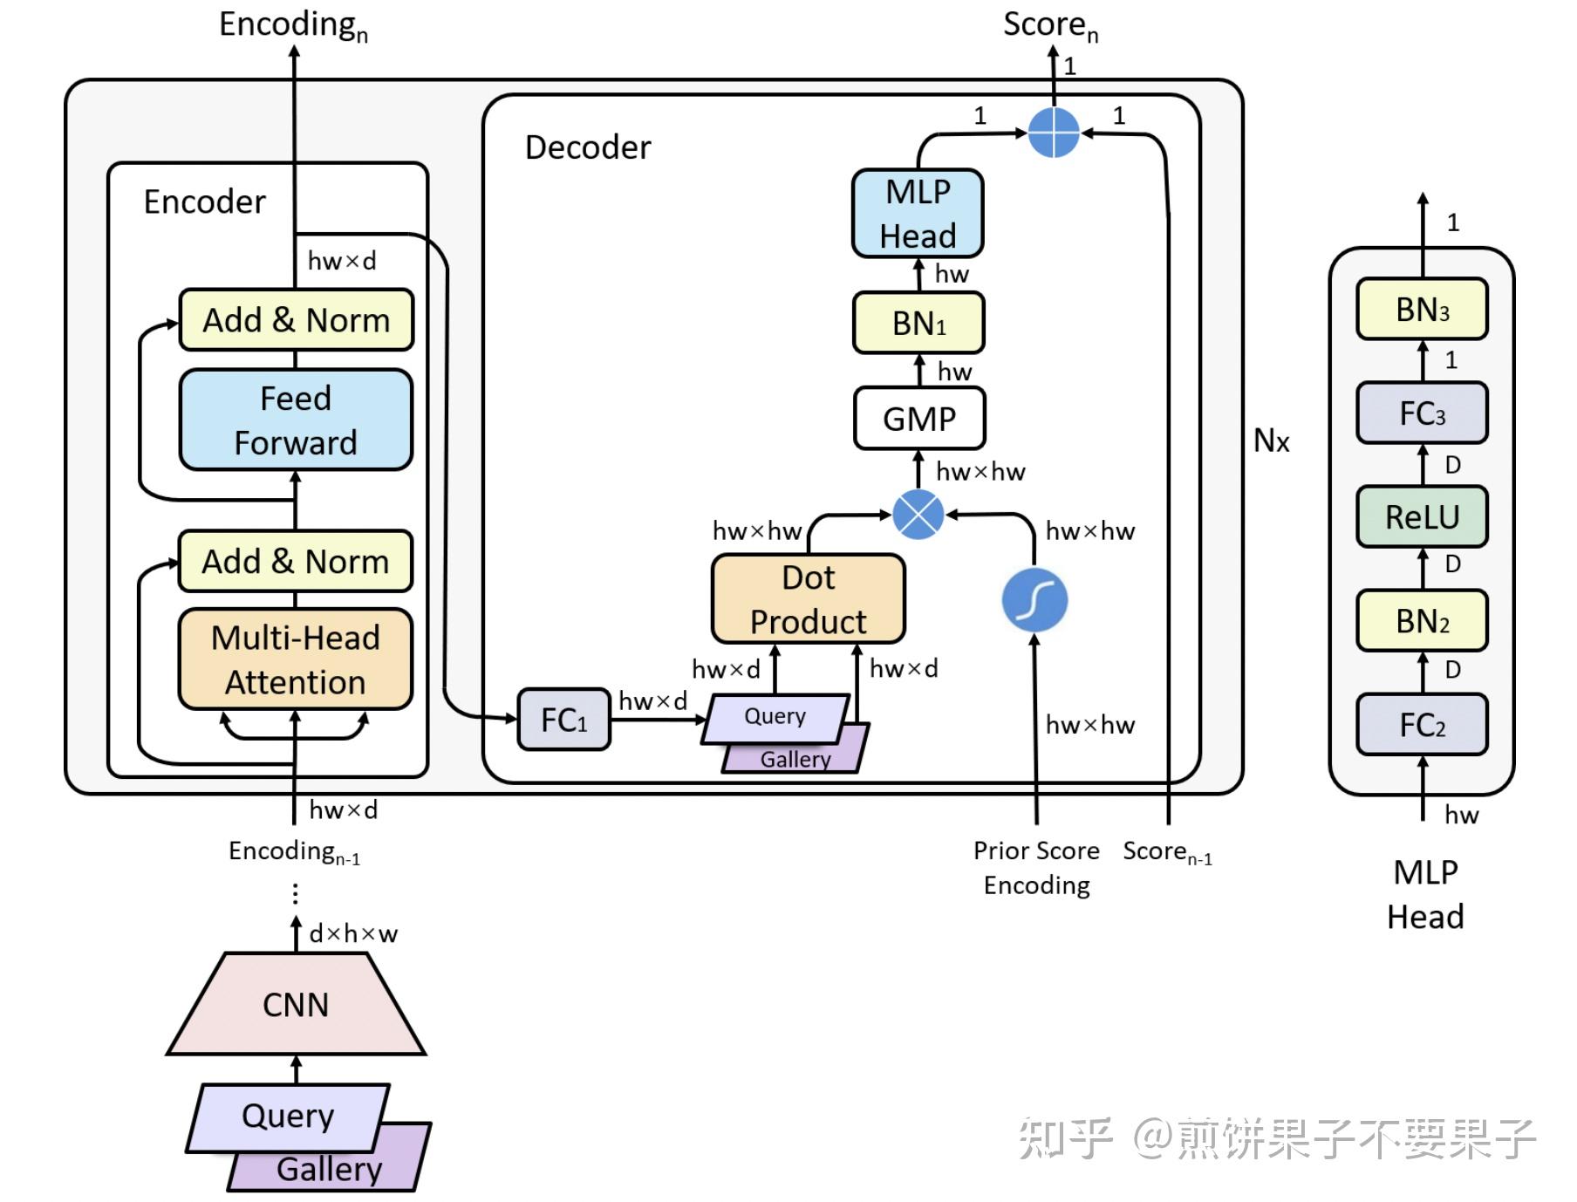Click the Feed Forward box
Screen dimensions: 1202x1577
pyautogui.click(x=296, y=420)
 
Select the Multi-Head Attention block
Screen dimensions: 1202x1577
pyautogui.click(x=296, y=659)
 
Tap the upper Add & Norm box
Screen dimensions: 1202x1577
pyautogui.click(x=296, y=320)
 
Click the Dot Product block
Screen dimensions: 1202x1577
pyautogui.click(x=809, y=599)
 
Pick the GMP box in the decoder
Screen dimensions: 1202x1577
pyautogui.click(x=919, y=419)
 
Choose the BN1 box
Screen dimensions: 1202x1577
pyautogui.click(x=918, y=324)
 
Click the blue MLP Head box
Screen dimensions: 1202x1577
pyautogui.click(x=918, y=214)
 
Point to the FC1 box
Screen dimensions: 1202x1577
pyautogui.click(x=563, y=720)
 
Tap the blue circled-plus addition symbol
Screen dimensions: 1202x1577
pyautogui.click(x=1054, y=133)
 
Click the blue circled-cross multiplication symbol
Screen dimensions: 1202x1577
pyautogui.click(x=918, y=514)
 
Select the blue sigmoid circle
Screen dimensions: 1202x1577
pyautogui.click(x=1035, y=600)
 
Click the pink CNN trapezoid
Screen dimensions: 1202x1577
pyautogui.click(x=296, y=1005)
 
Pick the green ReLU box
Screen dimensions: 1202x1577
pyautogui.click(x=1422, y=516)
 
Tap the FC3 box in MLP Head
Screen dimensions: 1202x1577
pyautogui.click(x=1422, y=413)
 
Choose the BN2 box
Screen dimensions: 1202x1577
pyautogui.click(x=1422, y=621)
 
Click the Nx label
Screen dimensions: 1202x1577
pyautogui.click(x=1271, y=441)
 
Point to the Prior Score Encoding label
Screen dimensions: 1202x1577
pyautogui.click(x=1036, y=867)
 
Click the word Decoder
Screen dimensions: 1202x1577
pyautogui.click(x=588, y=147)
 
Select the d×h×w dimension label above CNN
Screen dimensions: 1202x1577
pyautogui.click(x=353, y=934)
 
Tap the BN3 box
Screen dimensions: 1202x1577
pyautogui.click(x=1422, y=310)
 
